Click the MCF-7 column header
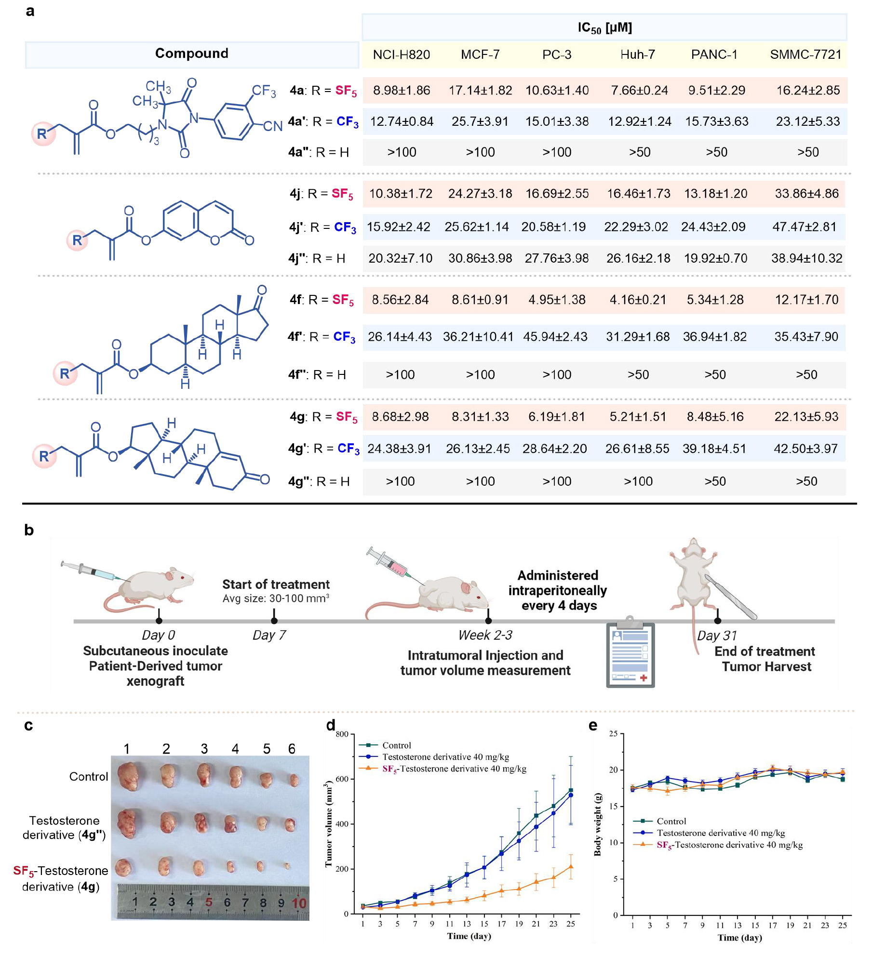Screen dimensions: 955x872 (480, 54)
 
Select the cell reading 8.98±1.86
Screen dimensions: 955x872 (402, 90)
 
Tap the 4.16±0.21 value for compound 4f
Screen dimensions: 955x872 (638, 300)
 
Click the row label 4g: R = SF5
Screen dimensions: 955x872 (323, 417)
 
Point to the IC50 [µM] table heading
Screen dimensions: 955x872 (604, 28)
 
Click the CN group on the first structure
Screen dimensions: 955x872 (272, 126)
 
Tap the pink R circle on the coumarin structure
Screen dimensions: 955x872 (77, 240)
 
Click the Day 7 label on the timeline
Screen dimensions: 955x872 (269, 635)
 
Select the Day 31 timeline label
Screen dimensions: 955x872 (717, 636)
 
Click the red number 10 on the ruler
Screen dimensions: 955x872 (299, 903)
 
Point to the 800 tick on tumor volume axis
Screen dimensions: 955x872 (342, 734)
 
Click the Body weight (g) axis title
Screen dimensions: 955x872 (598, 824)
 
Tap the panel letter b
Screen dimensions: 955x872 (29, 530)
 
